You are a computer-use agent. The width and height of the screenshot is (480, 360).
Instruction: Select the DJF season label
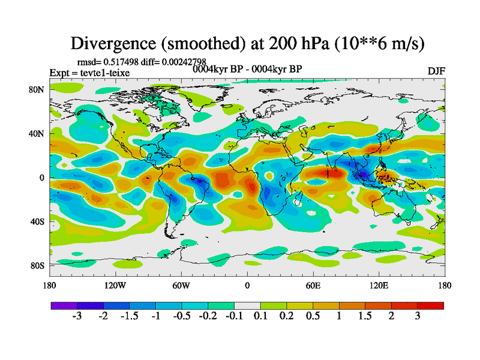pyautogui.click(x=436, y=71)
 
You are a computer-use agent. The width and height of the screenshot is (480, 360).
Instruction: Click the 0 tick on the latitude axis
pyautogui.click(x=42, y=178)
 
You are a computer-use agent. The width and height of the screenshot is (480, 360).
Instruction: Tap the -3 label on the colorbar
pyautogui.click(x=77, y=316)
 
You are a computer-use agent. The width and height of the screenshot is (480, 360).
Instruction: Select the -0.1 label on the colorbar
pyautogui.click(x=233, y=316)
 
